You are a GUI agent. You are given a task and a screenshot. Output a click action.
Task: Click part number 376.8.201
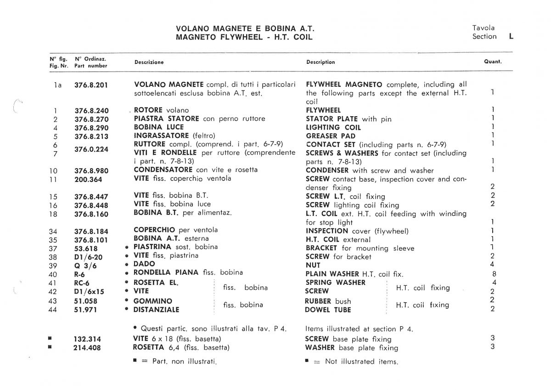coord(91,85)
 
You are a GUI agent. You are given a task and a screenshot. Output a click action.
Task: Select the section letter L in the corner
coord(511,36)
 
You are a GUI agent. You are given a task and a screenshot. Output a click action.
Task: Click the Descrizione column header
coord(149,62)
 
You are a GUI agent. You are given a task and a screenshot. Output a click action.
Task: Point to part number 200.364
coord(88,180)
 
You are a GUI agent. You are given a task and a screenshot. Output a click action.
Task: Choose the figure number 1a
coord(57,85)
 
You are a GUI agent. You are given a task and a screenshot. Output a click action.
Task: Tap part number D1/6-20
coord(88,257)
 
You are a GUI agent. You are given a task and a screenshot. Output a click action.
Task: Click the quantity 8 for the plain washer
coord(492,274)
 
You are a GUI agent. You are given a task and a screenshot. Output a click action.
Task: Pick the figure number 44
coord(52,310)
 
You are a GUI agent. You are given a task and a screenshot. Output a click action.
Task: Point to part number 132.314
coord(87,339)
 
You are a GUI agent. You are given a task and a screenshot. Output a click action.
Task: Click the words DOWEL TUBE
coord(328,310)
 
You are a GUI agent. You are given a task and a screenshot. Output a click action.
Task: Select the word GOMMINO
coord(153,301)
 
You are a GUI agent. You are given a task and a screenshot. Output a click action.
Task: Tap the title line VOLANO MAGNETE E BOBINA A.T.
coord(245,28)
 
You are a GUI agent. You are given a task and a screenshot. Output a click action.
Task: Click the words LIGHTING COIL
coord(333,128)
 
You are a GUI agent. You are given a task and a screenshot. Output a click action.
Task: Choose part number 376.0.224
coord(91,149)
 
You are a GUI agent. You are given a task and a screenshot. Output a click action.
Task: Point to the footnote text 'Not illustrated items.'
coord(361,362)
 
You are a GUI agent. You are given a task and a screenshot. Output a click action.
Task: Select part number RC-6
coord(81,283)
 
